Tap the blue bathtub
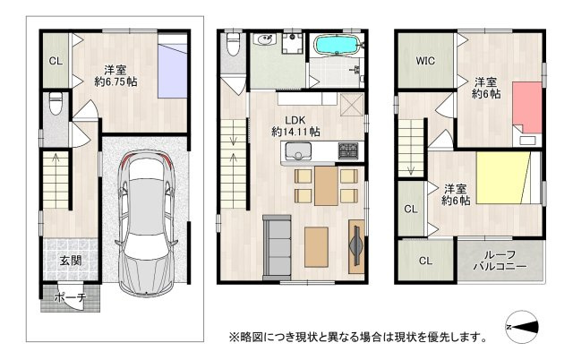pos(337,45)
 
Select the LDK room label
pos(296,118)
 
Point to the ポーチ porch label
pos(70,296)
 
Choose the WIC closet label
pos(424,62)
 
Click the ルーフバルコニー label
pos(502,261)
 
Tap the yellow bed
pos(508,180)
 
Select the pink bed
pos(528,107)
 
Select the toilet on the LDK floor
pos(235,43)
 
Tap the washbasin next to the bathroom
pos(264,40)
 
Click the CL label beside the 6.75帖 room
pos(55,62)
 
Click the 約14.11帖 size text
pos(296,132)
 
